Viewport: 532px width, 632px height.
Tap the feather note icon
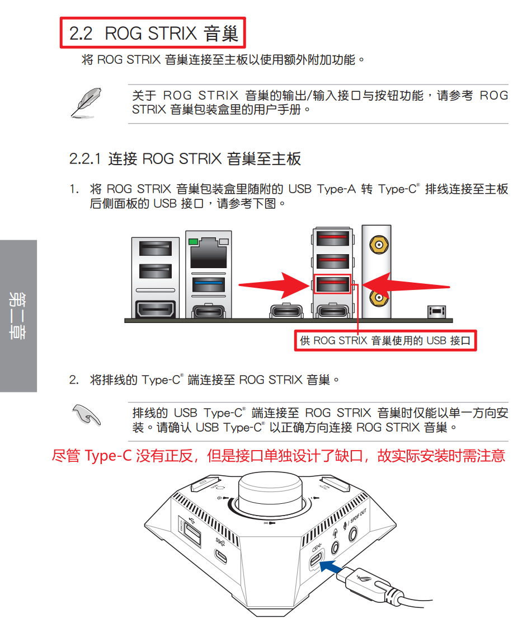[x=86, y=102]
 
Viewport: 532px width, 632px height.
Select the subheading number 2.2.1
[x=84, y=159]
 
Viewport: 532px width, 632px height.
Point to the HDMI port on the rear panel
[x=156, y=310]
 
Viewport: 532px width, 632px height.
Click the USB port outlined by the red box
[x=332, y=284]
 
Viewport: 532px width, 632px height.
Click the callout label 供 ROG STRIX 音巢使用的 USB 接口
[x=385, y=340]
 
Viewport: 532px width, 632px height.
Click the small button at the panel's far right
[x=437, y=311]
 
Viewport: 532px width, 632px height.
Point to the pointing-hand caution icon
[x=86, y=415]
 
